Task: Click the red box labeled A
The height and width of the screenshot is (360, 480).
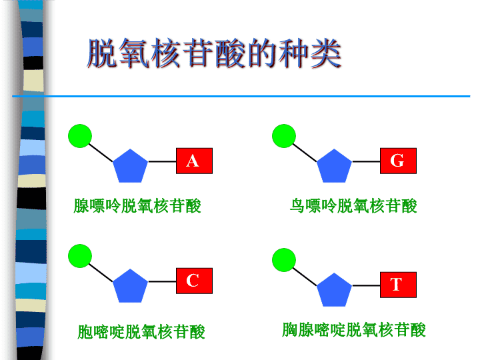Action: click(194, 161)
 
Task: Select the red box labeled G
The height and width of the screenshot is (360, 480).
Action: click(398, 161)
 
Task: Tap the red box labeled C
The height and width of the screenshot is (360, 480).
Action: click(194, 281)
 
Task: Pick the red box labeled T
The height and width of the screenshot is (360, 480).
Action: click(398, 285)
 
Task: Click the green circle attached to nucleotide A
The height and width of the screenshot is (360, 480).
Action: click(80, 136)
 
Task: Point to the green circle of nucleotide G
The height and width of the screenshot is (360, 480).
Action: click(284, 136)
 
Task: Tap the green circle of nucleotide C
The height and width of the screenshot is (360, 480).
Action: click(80, 256)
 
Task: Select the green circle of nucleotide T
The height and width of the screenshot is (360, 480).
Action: click(284, 260)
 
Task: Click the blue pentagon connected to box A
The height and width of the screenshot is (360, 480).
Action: click(130, 167)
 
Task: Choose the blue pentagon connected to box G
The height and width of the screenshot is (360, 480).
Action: click(334, 167)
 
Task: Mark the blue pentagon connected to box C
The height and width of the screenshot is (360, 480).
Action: click(130, 287)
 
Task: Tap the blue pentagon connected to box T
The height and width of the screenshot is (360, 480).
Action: click(334, 290)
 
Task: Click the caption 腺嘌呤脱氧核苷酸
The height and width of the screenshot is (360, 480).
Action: click(137, 206)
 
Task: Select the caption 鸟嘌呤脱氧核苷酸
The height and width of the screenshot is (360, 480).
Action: click(353, 206)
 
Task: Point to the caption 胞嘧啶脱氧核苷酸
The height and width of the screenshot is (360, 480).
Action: click(141, 332)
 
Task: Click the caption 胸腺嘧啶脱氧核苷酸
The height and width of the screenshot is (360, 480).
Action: click(354, 330)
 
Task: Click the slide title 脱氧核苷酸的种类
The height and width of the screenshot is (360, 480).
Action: click(214, 53)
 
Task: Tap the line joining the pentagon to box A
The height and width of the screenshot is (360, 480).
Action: click(162, 161)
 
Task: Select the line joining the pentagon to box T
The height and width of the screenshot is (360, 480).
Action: click(366, 285)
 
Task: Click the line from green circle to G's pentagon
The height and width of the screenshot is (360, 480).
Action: click(305, 153)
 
